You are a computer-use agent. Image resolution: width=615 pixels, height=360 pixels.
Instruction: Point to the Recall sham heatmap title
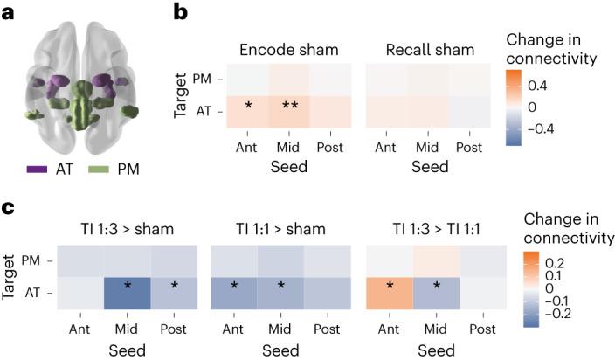(425, 49)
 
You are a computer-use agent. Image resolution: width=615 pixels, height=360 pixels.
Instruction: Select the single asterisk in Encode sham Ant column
(248, 107)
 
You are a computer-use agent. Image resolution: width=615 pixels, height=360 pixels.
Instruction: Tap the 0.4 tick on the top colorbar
(556, 87)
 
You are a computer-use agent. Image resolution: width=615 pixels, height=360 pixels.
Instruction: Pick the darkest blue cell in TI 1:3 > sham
(129, 287)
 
